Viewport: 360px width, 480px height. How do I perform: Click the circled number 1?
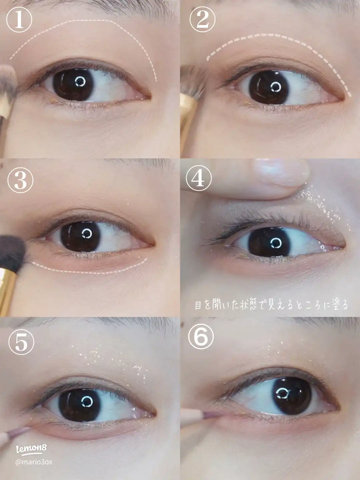click(19, 20)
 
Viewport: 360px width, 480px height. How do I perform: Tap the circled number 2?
click(202, 20)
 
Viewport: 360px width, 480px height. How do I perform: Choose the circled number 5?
click(21, 342)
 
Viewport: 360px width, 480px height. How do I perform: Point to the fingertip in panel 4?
click(282, 175)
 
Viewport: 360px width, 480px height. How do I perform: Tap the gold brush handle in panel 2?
click(188, 122)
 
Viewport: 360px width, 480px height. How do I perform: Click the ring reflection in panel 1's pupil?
click(80, 82)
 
